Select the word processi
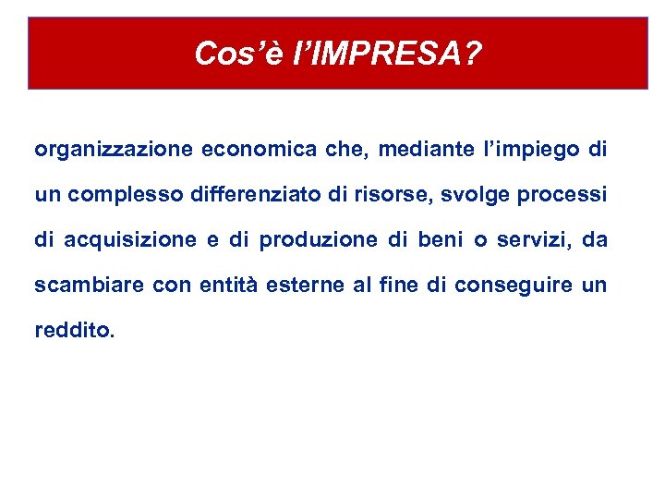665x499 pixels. (x=561, y=195)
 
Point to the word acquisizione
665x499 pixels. (x=130, y=240)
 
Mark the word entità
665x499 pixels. (x=228, y=286)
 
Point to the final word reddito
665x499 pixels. (x=74, y=331)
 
